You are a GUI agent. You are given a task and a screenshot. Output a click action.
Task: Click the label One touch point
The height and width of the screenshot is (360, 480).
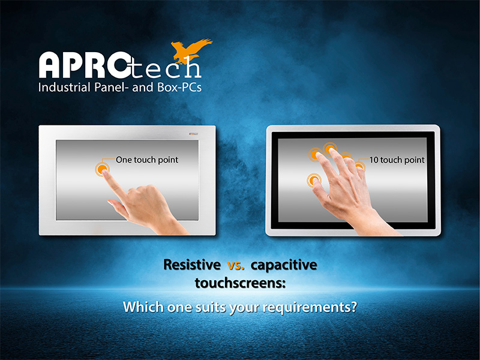point(146,160)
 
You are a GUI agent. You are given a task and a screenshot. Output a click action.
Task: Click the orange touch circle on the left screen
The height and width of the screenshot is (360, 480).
point(103,170)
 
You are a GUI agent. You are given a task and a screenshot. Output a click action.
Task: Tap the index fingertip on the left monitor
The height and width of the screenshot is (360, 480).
point(105,172)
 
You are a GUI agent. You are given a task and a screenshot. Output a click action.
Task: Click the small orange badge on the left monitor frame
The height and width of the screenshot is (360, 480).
point(194,132)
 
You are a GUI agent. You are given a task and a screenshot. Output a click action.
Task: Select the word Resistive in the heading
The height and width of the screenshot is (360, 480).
point(191,265)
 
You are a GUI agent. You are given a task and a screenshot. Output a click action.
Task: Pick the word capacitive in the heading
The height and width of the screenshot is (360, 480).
point(285,265)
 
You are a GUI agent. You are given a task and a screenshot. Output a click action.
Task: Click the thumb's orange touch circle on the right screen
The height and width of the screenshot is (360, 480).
point(313,179)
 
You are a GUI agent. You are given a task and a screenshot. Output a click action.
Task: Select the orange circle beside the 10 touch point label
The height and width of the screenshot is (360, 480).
point(359,167)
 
